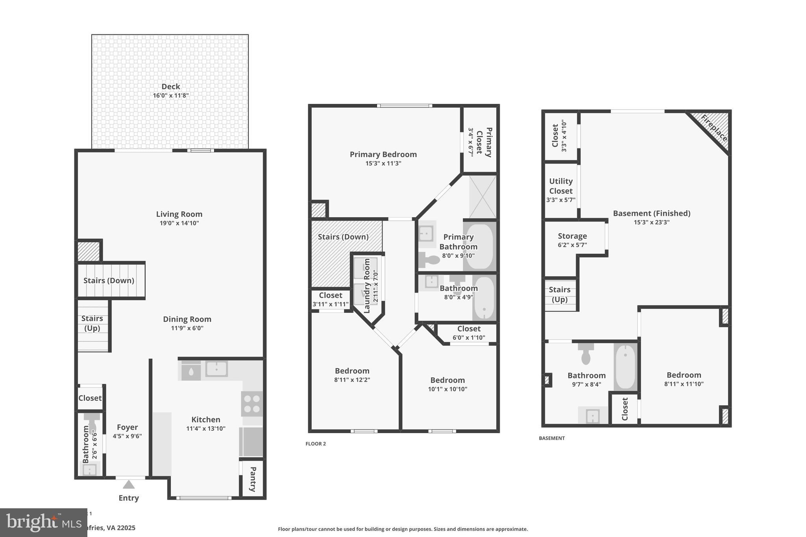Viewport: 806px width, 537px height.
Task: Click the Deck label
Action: pos(170,87)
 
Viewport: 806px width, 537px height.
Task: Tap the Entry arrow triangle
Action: pos(129,485)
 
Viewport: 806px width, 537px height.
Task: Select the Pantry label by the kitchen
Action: pos(253,479)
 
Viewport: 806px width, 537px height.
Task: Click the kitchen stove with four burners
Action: pos(252,404)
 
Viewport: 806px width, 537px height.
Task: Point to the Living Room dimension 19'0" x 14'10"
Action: pos(179,223)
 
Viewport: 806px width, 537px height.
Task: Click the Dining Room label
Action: pos(187,319)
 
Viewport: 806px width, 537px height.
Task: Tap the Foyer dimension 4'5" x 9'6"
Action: pos(127,436)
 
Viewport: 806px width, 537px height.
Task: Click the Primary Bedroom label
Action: pos(383,154)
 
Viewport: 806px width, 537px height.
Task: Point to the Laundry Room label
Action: pos(367,286)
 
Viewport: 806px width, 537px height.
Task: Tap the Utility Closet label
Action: pos(561,186)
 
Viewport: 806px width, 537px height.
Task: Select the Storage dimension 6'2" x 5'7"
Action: pos(572,245)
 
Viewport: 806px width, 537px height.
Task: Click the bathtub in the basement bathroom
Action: pos(625,367)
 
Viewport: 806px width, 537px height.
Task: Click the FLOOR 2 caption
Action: pos(316,444)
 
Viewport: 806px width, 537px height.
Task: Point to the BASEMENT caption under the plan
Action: pos(551,438)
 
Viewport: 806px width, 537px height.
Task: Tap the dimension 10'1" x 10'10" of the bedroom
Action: pos(447,389)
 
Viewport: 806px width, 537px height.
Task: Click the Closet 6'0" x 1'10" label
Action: pos(469,328)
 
